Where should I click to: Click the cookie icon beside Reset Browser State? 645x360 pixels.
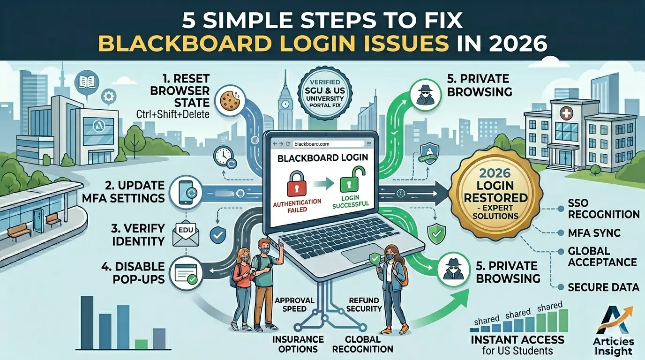click(x=230, y=100)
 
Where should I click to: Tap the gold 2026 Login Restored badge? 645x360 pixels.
click(x=495, y=193)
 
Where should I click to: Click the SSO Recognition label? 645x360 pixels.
click(x=603, y=209)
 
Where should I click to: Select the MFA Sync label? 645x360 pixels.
click(x=594, y=232)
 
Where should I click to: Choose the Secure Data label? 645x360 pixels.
click(x=603, y=287)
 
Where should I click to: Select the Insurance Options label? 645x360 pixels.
click(x=299, y=344)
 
